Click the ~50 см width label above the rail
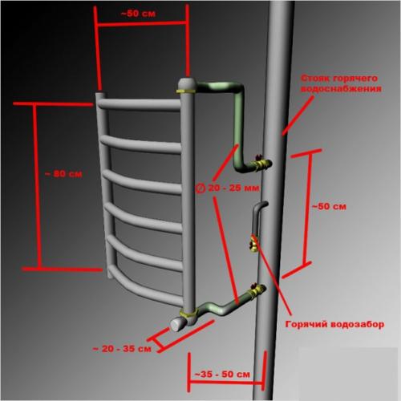coord(138,14)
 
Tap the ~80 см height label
coord(63,174)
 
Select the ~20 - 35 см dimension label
coord(122,349)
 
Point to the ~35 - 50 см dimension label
coord(222,375)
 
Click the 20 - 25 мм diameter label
coord(233,188)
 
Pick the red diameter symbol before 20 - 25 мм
coord(200,188)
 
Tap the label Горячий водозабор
coord(334,324)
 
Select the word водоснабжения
coord(341,89)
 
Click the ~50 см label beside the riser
coord(329,206)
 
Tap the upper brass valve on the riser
coord(262,164)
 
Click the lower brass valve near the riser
coord(257,290)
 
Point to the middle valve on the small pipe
coord(253,244)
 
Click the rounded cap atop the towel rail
coord(187,83)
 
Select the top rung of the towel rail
coord(139,104)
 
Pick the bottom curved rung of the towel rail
coord(146,289)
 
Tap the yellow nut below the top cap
coord(185,91)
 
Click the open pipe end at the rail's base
coord(176,324)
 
